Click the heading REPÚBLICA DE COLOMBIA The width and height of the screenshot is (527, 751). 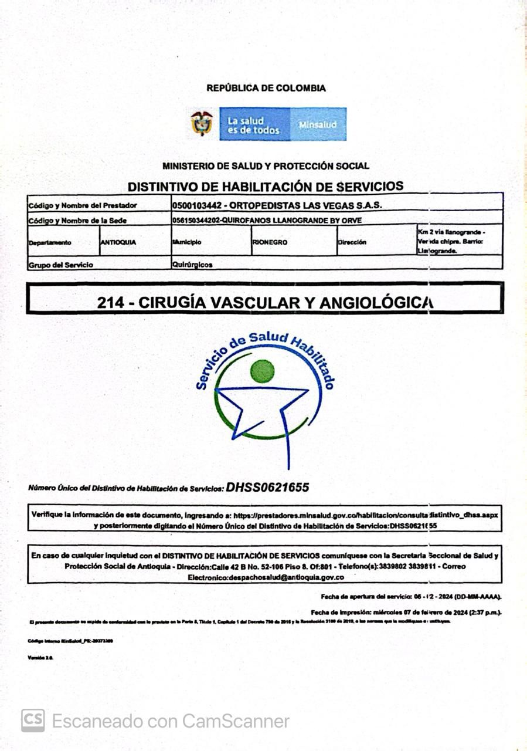(266, 89)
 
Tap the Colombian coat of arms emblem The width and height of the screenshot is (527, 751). (202, 123)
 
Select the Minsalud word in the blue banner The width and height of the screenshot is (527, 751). (318, 125)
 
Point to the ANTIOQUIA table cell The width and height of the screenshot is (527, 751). (118, 242)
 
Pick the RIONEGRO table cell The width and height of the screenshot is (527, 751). (270, 242)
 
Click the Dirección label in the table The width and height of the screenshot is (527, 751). (352, 242)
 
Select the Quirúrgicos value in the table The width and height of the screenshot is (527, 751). (192, 265)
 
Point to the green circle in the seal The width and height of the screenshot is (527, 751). (262, 371)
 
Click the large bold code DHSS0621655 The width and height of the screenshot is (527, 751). (267, 487)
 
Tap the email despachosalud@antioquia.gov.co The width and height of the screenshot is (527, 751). (285, 577)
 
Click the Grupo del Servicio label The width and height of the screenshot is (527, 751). (61, 265)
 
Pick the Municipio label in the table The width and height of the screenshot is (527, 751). (187, 242)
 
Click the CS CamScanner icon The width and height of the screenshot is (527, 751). (33, 720)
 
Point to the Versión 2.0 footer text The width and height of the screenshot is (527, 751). (40, 658)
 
